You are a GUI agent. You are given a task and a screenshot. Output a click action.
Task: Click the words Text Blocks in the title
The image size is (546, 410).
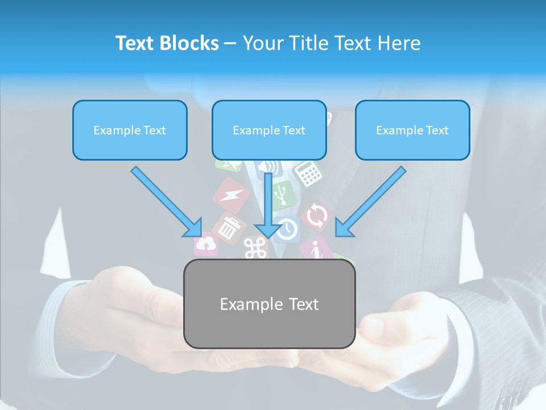click(x=167, y=43)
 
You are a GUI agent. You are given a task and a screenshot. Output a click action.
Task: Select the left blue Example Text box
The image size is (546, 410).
click(x=130, y=130)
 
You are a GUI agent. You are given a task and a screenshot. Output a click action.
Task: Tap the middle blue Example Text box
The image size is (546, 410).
click(x=269, y=130)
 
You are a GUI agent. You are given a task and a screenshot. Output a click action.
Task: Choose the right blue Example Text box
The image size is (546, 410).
click(x=412, y=130)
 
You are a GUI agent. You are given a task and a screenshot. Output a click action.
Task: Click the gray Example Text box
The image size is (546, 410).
click(x=269, y=304)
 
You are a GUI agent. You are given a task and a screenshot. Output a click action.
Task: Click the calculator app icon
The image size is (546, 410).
click(x=308, y=173)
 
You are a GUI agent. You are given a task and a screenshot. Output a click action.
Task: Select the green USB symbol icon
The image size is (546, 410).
click(x=282, y=195)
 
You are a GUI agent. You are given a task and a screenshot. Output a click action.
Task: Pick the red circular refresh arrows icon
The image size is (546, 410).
click(x=317, y=216)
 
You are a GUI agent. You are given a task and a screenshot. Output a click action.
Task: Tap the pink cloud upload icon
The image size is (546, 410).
click(x=207, y=245)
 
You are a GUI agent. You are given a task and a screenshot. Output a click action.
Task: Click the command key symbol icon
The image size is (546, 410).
click(x=255, y=248)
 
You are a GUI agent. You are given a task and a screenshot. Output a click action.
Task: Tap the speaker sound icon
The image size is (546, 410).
click(x=272, y=166)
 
